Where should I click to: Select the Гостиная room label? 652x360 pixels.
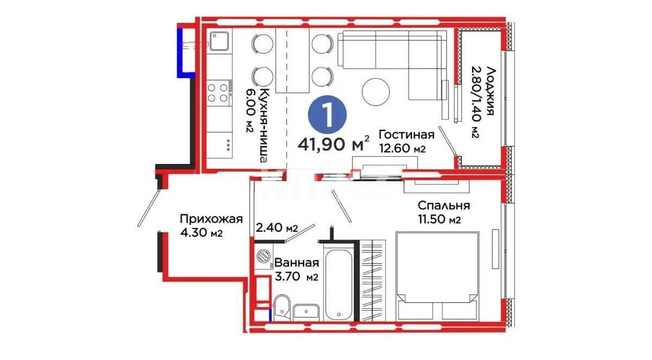[406, 135]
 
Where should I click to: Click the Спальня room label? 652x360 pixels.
[443, 206]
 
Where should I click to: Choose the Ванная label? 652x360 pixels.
[296, 263]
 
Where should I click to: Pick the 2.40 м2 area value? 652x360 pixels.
[277, 228]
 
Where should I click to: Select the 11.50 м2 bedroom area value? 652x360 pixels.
[440, 220]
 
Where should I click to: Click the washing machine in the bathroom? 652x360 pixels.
[265, 256]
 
